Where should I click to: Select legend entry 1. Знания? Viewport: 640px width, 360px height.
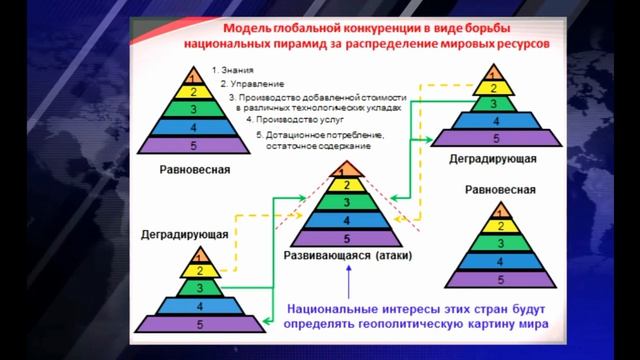235,71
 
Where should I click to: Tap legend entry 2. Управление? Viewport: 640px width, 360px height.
245,85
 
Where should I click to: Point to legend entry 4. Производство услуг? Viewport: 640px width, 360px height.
279,117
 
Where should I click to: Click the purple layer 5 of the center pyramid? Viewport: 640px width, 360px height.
346,238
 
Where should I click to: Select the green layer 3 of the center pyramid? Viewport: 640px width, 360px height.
346,201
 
